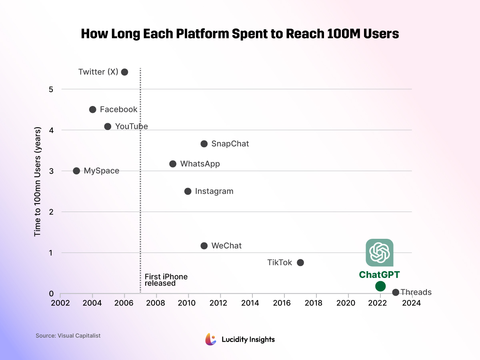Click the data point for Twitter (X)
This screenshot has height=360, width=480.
pos(124,72)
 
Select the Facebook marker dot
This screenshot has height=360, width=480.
pos(92,110)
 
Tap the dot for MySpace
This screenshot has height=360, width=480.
pos(76,171)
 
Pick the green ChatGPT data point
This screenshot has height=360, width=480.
pos(380,286)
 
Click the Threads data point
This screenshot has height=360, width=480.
pos(396,292)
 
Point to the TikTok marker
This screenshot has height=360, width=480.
pos(300,263)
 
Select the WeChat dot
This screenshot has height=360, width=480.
pos(204,246)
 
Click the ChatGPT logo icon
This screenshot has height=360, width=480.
pos(380,252)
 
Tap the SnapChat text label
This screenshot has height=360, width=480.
pos(230,144)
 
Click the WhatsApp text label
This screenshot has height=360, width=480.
pos(200,164)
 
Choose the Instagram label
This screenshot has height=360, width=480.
pos(214,191)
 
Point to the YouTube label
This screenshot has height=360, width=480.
pos(132,126)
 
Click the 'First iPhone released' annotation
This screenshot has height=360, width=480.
pos(166,280)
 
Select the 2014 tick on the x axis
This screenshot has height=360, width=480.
pos(252,303)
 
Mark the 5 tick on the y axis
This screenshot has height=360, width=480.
pos(51,89)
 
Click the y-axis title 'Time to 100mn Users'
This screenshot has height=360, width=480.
pos(38,182)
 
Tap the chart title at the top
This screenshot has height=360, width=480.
pos(240,34)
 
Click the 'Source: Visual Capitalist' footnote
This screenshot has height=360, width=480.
pos(68,336)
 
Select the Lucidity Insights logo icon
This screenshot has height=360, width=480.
pos(211,339)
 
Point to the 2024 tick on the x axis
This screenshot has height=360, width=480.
pos(411,303)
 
